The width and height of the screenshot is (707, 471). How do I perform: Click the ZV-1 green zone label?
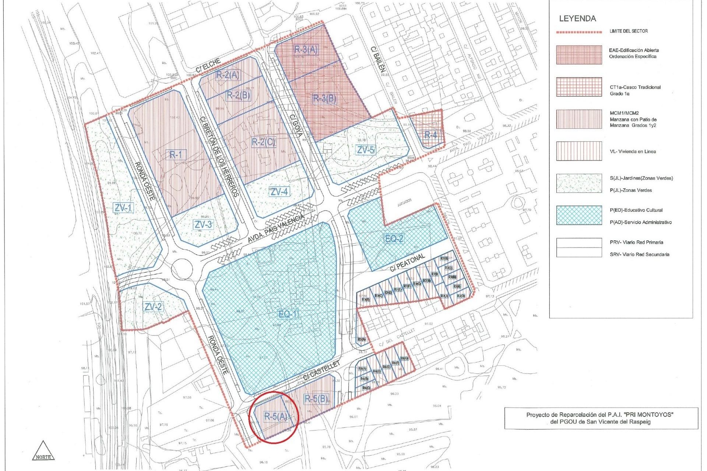coord(123,208)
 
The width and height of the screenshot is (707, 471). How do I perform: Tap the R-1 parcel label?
coord(176,155)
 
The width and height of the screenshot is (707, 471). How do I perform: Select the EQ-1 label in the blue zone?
coord(288,314)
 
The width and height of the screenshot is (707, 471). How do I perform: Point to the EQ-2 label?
coord(394,239)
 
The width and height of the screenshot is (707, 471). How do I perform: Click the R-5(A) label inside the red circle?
coord(275,416)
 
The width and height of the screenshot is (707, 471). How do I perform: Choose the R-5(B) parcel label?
coord(316,399)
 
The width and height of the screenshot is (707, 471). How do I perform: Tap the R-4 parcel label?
coord(430,135)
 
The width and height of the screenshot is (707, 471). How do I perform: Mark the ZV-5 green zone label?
coord(366,150)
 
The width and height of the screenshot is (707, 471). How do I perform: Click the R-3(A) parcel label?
coord(306,50)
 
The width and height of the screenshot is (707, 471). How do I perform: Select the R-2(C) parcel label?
coord(263,142)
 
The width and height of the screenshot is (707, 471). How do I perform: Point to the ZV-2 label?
coord(153,307)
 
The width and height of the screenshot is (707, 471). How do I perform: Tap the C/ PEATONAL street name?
coord(408,262)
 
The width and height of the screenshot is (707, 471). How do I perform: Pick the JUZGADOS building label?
coord(404,203)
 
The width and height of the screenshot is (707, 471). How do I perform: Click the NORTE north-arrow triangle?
coord(43,451)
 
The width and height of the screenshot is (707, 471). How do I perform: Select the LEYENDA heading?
coord(577,18)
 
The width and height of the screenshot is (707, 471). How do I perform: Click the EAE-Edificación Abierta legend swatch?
coord(579,55)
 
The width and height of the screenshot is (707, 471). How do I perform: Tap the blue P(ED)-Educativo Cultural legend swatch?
coord(579,215)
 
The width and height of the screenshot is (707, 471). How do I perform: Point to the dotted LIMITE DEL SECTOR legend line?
coord(579,32)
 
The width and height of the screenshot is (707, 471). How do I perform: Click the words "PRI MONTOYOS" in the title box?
coord(654,415)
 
